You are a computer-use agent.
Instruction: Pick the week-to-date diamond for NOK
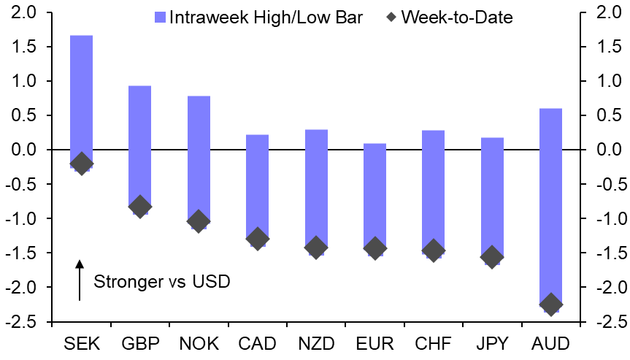click(x=198, y=221)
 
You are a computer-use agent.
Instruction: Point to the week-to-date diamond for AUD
click(x=550, y=305)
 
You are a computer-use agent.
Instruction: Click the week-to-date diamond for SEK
click(x=81, y=164)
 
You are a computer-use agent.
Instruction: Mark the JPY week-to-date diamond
click(x=492, y=256)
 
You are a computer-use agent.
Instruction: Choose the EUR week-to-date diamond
click(x=374, y=248)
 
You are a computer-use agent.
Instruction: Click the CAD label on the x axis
click(x=257, y=343)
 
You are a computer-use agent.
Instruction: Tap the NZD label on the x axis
click(x=316, y=343)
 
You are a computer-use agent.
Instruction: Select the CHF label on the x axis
click(x=434, y=343)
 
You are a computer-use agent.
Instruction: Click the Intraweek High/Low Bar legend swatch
click(x=161, y=17)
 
